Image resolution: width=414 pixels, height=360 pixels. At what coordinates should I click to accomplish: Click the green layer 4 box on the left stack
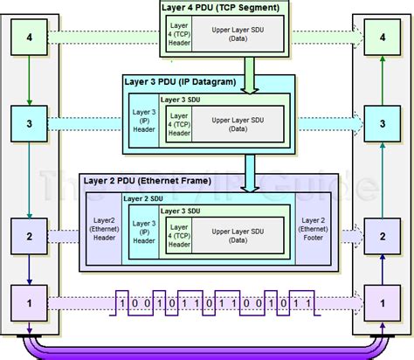pos(30,38)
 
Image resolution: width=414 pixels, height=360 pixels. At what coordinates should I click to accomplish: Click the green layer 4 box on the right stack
pos(382,38)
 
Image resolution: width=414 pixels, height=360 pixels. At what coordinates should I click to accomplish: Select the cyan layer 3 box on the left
pos(30,125)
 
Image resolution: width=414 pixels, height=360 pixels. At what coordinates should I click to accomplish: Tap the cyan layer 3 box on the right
pos(382,125)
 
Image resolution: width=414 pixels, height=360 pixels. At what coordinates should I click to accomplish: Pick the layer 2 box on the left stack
pos(30,235)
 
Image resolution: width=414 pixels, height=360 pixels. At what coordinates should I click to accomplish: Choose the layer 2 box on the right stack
pos(382,235)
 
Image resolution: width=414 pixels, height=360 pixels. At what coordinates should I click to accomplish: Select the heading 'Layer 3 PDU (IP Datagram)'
pos(181,80)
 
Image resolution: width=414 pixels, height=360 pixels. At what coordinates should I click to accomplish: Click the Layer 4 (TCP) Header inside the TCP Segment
pos(179,38)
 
